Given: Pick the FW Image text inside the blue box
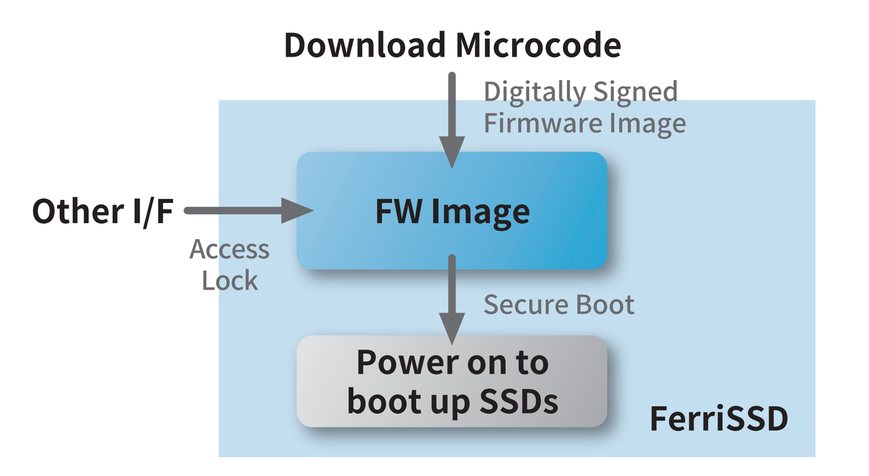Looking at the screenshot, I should (452, 211).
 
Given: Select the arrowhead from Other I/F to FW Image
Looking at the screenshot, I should (297, 210).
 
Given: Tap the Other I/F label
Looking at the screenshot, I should (103, 211).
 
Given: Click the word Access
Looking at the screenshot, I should (229, 250).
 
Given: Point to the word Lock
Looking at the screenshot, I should (229, 281).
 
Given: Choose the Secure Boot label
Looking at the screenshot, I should (558, 305).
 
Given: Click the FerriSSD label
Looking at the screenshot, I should (718, 419).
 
